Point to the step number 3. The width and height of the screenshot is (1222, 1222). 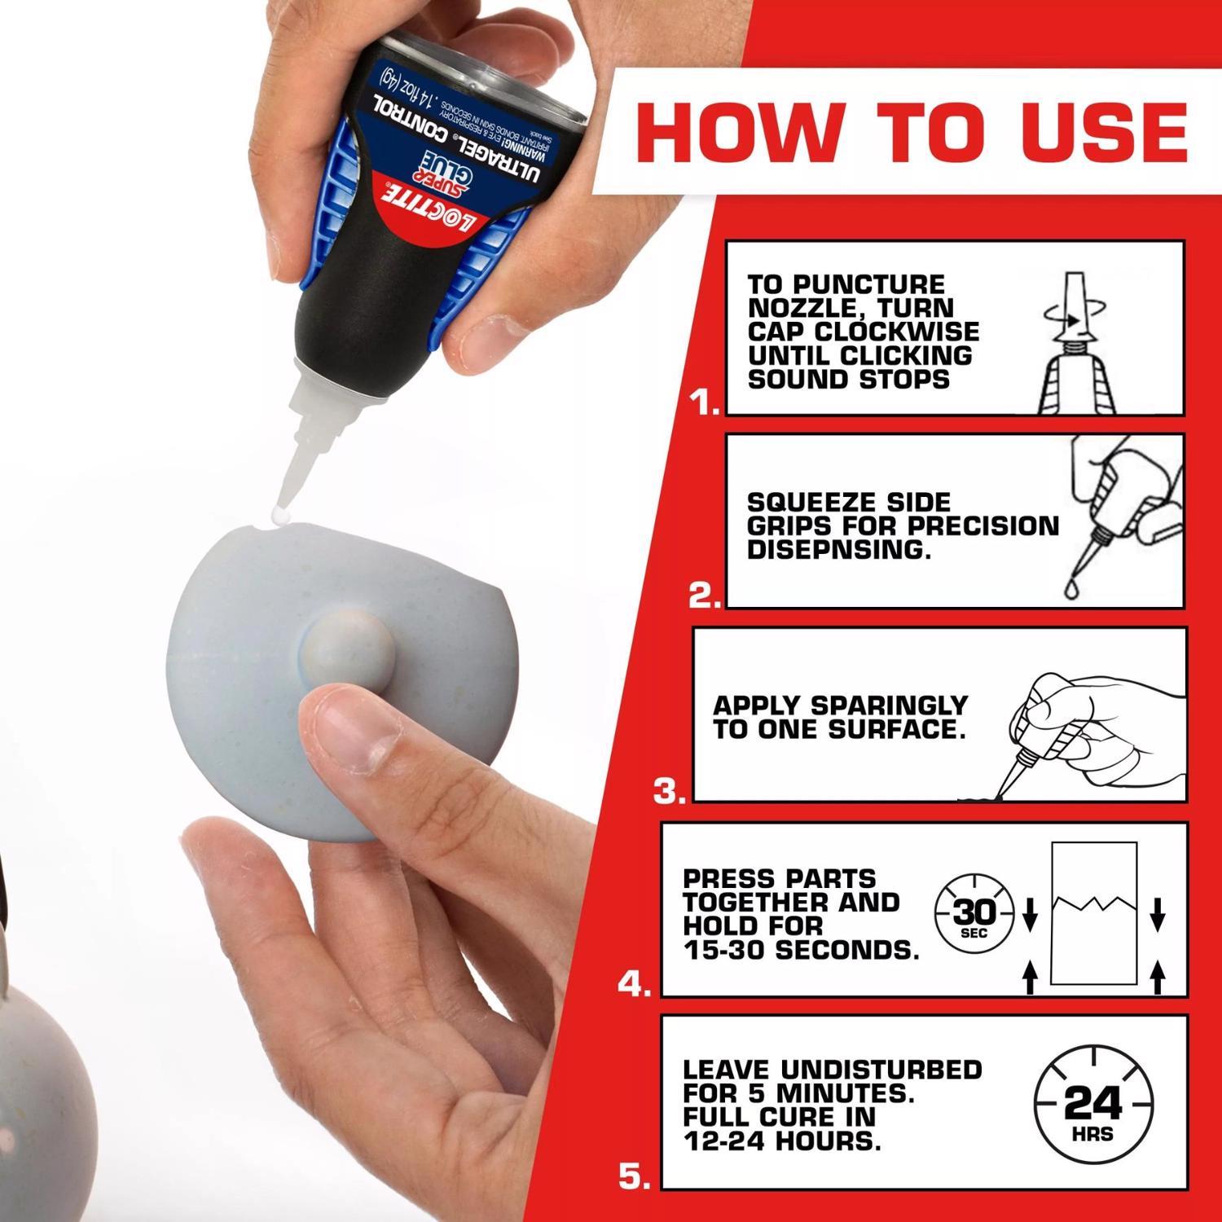coord(670,791)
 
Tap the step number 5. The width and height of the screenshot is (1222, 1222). coord(635,1176)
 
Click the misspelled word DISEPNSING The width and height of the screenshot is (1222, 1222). coord(838,550)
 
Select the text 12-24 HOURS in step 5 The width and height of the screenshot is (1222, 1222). coord(782,1141)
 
